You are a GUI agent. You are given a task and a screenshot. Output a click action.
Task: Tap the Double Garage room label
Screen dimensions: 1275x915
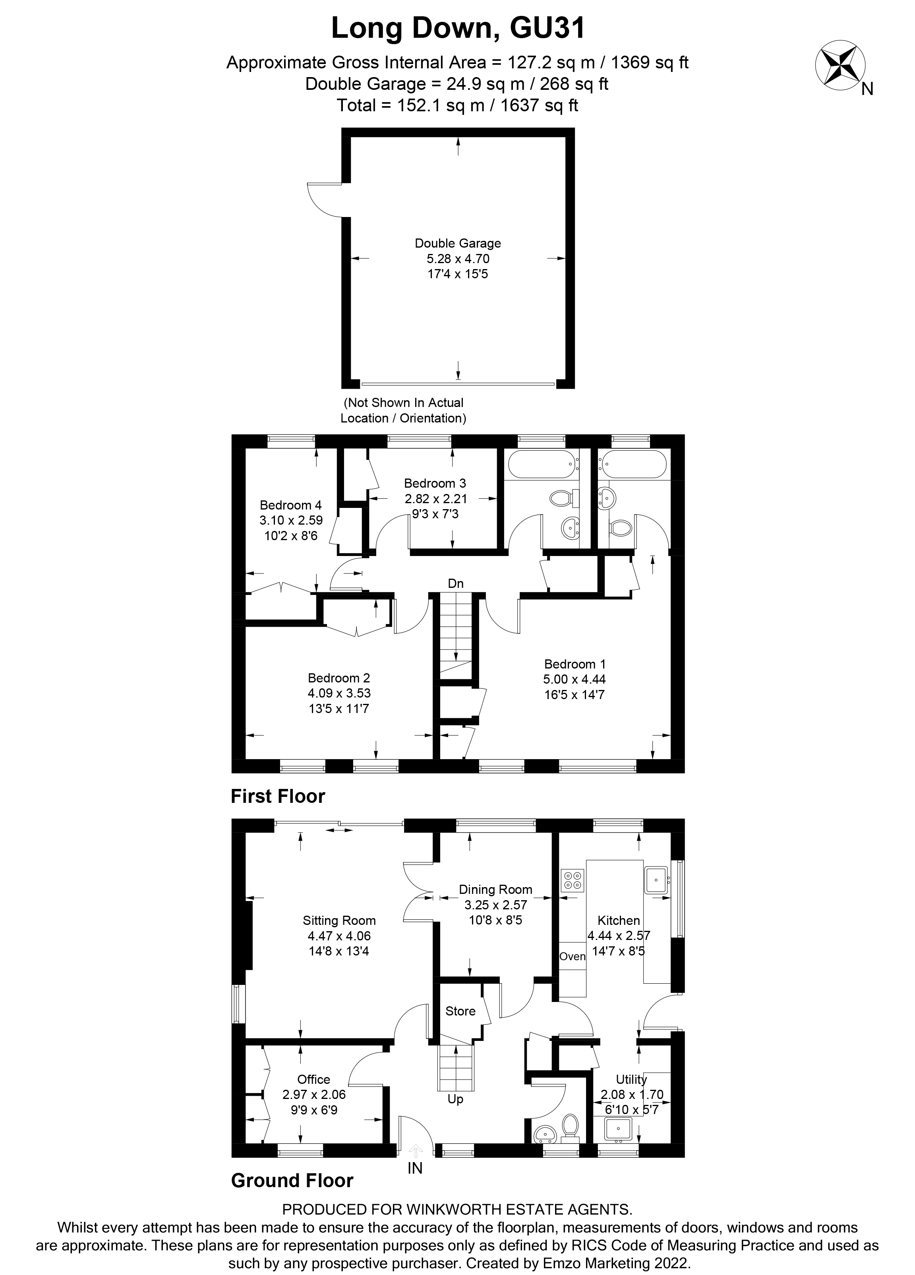pos(458,243)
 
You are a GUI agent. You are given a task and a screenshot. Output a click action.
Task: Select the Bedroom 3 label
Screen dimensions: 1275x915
pos(435,483)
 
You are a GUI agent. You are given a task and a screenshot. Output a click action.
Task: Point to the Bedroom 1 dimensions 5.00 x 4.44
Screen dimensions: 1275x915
pos(575,679)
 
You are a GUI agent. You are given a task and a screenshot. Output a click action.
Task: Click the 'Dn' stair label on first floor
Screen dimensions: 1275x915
pos(456,584)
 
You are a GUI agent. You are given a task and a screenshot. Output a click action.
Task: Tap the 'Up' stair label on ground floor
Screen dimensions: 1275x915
pos(455,1099)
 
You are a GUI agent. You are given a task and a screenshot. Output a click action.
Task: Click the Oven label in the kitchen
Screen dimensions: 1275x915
pos(572,956)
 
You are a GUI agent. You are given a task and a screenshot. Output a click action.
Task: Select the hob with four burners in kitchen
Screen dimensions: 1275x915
pos(573,880)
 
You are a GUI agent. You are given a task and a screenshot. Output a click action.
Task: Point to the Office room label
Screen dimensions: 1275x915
pos(313,1079)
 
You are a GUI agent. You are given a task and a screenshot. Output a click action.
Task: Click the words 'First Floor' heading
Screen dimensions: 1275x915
pos(278,796)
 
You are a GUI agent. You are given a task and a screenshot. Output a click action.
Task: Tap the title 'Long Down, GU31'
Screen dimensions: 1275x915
pos(458,28)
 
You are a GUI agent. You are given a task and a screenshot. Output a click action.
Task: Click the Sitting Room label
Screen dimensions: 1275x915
pos(339,920)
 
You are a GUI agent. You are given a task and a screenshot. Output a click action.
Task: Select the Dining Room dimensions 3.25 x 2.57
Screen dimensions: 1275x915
pos(495,905)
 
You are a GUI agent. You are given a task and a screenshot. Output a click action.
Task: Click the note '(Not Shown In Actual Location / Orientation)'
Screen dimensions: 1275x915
pos(403,411)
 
